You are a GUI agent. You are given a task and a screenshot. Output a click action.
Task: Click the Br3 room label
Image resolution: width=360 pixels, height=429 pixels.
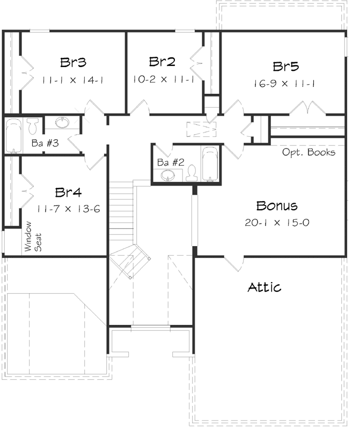(74, 63)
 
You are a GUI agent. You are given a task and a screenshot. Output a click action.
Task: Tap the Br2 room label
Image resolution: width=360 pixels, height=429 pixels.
(163, 62)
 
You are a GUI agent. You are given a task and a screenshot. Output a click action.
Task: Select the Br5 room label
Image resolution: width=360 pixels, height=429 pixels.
(286, 67)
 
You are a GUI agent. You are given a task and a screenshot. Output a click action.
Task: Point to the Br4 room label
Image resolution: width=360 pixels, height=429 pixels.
(68, 193)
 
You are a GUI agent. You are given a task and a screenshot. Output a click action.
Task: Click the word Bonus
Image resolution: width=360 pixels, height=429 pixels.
(276, 205)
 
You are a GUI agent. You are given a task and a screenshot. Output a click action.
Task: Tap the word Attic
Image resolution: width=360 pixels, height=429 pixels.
(265, 287)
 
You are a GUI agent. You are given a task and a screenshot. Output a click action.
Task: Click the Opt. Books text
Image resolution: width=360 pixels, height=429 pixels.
(309, 152)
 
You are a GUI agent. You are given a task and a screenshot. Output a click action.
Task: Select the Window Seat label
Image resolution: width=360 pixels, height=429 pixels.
(31, 237)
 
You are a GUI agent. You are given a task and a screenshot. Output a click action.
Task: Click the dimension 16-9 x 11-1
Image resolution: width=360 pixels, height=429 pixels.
(285, 84)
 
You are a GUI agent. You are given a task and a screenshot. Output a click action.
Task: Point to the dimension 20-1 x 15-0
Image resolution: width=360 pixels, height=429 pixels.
(276, 222)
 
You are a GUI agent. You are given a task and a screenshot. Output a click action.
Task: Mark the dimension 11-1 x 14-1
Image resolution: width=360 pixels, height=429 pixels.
(72, 80)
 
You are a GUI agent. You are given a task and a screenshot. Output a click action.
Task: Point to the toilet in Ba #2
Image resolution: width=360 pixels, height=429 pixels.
(192, 173)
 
